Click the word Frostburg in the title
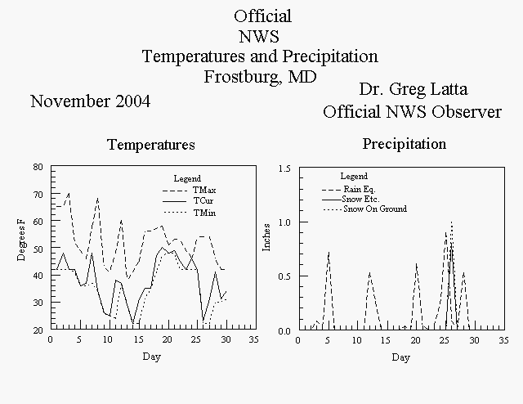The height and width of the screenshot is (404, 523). click(240, 77)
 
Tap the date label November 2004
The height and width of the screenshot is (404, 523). click(91, 101)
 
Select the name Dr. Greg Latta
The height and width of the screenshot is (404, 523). click(413, 89)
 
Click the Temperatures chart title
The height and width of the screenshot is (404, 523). click(151, 145)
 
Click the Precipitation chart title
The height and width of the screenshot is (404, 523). click(405, 144)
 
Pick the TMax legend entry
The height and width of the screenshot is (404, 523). click(189, 191)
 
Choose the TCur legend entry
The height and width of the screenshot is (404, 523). click(188, 201)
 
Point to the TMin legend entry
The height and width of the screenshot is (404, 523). click(189, 213)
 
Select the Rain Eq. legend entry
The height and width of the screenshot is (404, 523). click(349, 189)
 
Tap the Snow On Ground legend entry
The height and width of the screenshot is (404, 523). click(365, 209)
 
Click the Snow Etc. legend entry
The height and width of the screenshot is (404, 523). click(351, 200)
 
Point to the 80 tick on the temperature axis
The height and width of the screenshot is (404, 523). click(38, 167)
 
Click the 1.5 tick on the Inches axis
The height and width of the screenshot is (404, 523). click(284, 168)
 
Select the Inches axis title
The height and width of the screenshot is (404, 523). click(266, 237)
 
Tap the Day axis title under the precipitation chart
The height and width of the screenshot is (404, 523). click(401, 357)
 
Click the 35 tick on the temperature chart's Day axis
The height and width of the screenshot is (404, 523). click(254, 339)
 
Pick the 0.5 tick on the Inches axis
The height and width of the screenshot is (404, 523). click(284, 276)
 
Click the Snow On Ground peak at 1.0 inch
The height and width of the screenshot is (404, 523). click(451, 222)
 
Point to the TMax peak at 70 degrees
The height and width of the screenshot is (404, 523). click(69, 193)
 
